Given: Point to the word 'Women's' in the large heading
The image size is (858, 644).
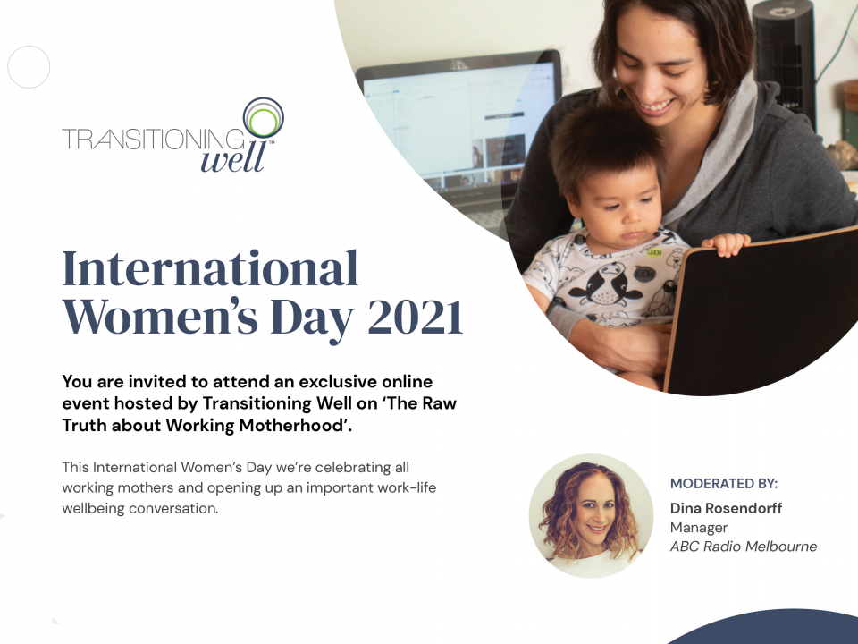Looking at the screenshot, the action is click(x=160, y=317).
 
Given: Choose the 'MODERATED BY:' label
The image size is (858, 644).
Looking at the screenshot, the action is click(x=724, y=484).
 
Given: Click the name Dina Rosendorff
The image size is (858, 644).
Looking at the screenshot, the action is click(x=726, y=508).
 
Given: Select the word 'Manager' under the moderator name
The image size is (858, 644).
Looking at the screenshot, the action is click(x=699, y=528).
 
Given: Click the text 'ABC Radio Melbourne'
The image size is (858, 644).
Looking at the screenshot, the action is click(x=744, y=547).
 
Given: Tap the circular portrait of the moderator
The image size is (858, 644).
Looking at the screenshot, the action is click(x=591, y=516).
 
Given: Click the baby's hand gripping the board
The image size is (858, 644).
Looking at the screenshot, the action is click(x=726, y=244).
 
